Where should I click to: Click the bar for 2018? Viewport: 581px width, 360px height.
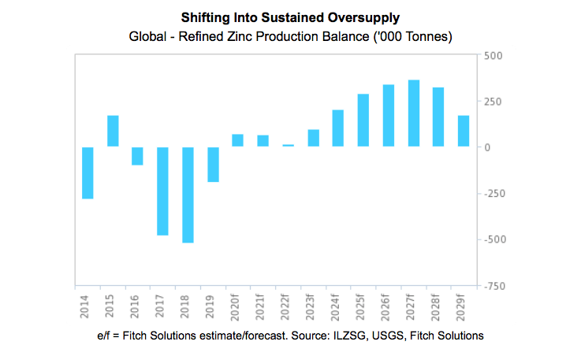[188, 195]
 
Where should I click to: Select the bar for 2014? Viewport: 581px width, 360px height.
[88, 173]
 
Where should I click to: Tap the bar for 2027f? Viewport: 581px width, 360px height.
[413, 113]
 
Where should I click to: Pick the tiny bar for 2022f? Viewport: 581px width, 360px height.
[288, 146]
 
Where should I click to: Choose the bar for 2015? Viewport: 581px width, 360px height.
[113, 131]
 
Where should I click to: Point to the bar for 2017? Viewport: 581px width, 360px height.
[163, 191]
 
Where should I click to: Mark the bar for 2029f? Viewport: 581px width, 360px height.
[464, 131]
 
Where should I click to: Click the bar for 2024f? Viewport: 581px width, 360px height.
[338, 128]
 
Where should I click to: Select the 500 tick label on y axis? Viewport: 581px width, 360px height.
[493, 55]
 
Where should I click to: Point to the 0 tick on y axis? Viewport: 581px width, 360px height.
[489, 147]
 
